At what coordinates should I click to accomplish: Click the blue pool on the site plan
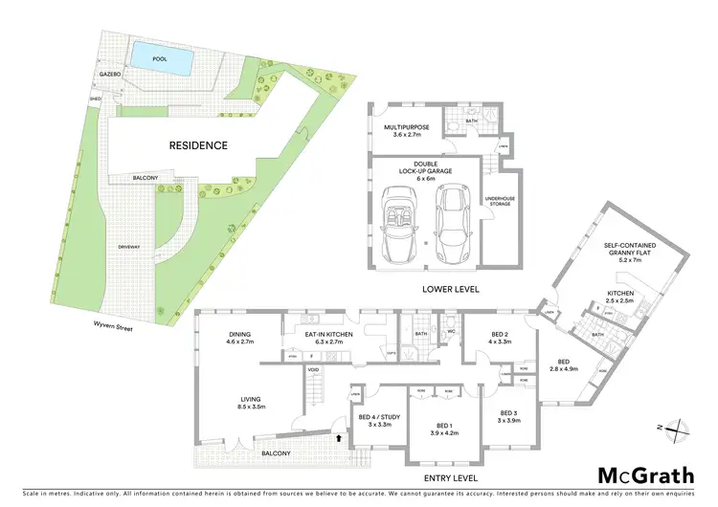(158, 56)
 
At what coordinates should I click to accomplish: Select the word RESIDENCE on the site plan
(198, 145)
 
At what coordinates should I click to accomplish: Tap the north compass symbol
(678, 428)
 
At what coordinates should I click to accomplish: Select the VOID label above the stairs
(312, 369)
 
